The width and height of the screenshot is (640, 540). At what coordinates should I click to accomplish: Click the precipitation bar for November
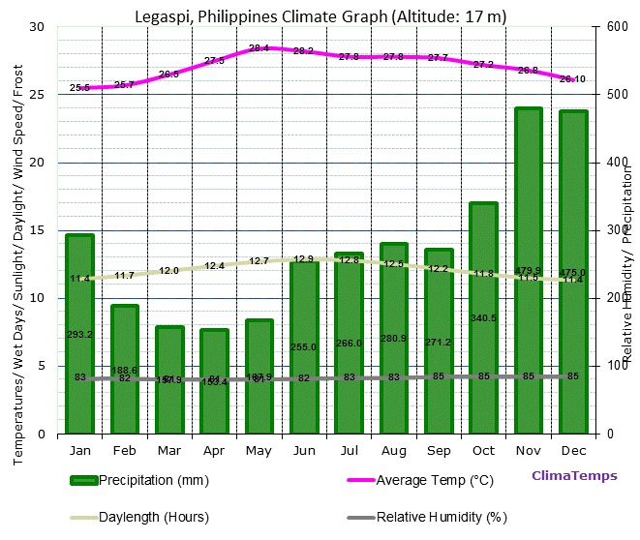(528, 271)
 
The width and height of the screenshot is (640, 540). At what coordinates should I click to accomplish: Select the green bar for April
(214, 381)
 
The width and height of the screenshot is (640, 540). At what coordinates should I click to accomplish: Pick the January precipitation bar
(80, 334)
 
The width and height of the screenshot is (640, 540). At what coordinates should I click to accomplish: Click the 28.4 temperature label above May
(259, 48)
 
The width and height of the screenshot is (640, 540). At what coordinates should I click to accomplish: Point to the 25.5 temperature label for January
(80, 88)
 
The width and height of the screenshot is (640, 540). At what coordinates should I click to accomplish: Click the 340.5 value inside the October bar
(483, 318)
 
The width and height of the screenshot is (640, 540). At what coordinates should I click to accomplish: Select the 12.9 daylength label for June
(304, 259)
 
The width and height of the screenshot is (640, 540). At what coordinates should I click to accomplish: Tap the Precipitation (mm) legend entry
(140, 480)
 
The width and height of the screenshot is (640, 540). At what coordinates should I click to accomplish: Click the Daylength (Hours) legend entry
(140, 517)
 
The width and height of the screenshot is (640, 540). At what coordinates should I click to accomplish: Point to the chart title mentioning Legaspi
(320, 16)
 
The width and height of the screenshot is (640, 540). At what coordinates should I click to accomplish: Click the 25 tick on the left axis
(37, 95)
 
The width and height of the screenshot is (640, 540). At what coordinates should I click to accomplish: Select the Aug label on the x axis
(393, 450)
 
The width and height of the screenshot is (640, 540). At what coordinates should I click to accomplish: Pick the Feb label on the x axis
(125, 450)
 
